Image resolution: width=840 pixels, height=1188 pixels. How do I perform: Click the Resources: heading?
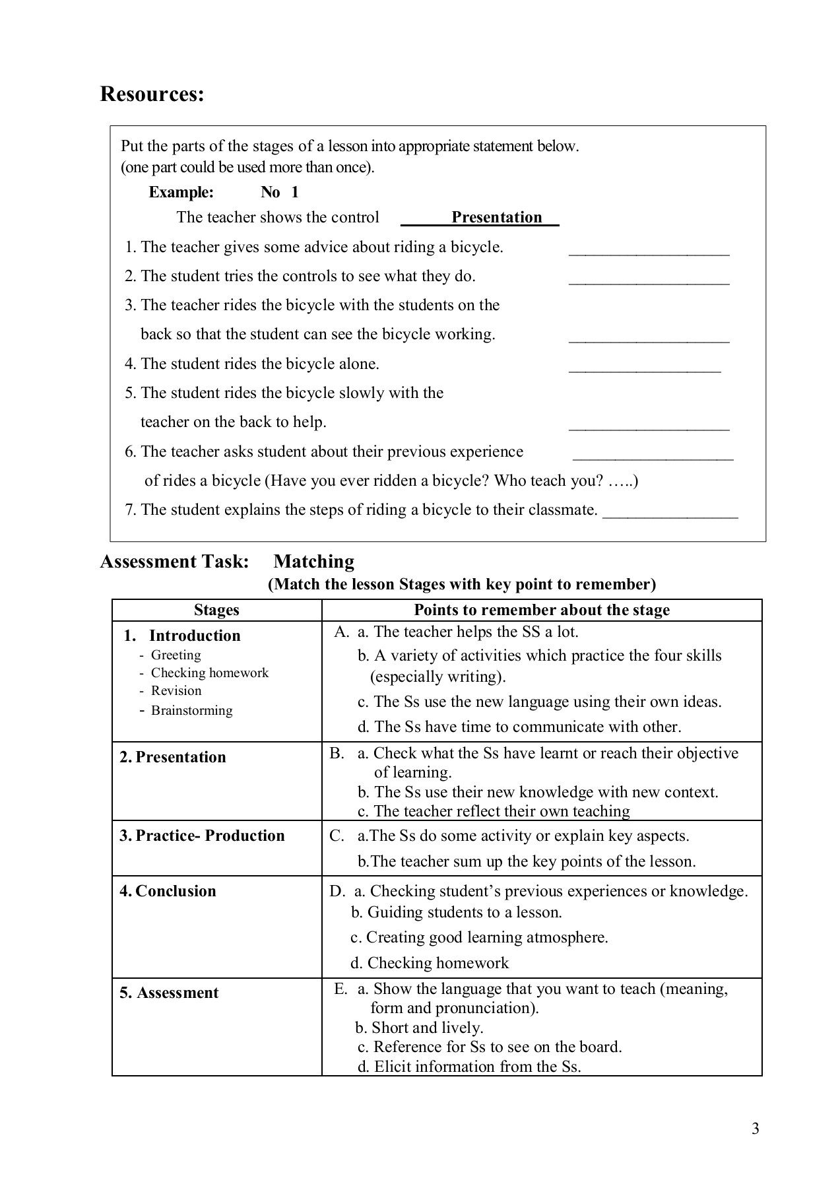tap(152, 94)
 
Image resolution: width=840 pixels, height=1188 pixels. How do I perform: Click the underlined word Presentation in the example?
tap(496, 217)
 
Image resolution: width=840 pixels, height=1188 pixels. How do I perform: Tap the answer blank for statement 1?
tap(649, 253)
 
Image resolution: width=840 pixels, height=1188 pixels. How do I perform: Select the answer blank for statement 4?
tap(644, 370)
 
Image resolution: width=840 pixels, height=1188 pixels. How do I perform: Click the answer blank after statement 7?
tap(670, 516)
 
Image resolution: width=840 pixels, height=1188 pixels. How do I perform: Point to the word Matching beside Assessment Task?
tap(313, 562)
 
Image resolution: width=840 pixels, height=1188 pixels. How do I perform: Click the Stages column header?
tap(216, 610)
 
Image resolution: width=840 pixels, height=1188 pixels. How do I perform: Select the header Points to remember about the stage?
tap(541, 610)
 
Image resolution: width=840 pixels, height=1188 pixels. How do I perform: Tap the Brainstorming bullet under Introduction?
tap(191, 710)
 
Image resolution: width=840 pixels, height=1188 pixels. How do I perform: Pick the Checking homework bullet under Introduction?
tap(209, 673)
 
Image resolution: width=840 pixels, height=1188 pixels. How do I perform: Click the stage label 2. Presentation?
tap(173, 757)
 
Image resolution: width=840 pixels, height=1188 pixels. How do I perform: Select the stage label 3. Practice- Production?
tap(202, 836)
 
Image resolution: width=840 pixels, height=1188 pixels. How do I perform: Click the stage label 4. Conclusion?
tap(168, 891)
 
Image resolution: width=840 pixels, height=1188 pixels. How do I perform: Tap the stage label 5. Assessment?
tap(169, 993)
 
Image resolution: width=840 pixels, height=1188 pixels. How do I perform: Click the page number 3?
tap(755, 1129)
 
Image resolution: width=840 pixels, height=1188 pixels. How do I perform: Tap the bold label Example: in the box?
tap(181, 192)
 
